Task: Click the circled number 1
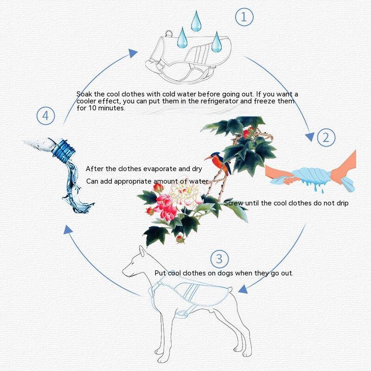[244, 17]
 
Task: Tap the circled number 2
[326, 137]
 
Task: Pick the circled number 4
[45, 115]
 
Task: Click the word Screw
[234, 203]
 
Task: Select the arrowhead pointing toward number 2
[309, 136]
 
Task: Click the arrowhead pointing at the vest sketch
[134, 52]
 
